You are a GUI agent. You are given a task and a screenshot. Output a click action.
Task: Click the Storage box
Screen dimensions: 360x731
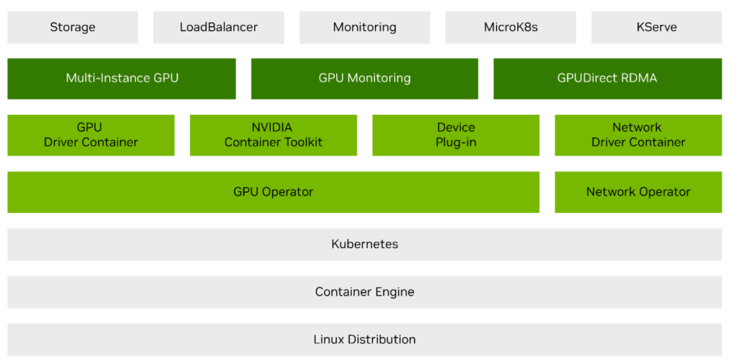tap(72, 28)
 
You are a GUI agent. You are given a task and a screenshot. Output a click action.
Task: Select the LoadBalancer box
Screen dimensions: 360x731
tap(218, 28)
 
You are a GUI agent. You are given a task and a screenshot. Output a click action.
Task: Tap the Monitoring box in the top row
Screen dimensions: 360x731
tap(364, 28)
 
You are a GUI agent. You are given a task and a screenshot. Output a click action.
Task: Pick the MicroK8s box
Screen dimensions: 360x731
tap(510, 28)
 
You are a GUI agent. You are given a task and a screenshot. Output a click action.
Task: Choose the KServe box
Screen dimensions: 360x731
tap(656, 28)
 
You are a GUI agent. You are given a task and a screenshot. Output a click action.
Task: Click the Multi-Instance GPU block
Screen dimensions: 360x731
tap(121, 79)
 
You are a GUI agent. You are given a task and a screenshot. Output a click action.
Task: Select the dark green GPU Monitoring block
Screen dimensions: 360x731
tap(364, 79)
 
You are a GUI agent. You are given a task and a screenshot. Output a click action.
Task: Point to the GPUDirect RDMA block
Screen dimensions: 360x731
tap(607, 79)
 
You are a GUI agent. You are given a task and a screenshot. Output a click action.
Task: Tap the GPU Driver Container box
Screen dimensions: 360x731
tap(91, 135)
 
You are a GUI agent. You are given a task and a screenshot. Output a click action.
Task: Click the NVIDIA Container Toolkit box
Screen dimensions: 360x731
tap(273, 135)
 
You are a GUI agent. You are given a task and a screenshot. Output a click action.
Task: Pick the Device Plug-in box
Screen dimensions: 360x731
tap(455, 135)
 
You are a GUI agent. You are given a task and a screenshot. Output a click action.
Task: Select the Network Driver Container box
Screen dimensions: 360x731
tap(637, 135)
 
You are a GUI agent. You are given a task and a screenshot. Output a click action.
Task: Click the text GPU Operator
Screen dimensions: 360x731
tap(273, 192)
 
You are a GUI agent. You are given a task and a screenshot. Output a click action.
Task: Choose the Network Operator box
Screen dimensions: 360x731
tap(637, 192)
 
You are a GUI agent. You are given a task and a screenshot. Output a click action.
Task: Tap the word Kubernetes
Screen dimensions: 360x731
tap(364, 244)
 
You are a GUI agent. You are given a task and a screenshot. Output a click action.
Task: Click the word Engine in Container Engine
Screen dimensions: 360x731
tap(392, 292)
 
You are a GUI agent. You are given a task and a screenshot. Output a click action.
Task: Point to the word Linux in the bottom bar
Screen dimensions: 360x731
tap(328, 340)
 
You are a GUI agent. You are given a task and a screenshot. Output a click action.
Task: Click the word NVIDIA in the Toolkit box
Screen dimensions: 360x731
tap(272, 128)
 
